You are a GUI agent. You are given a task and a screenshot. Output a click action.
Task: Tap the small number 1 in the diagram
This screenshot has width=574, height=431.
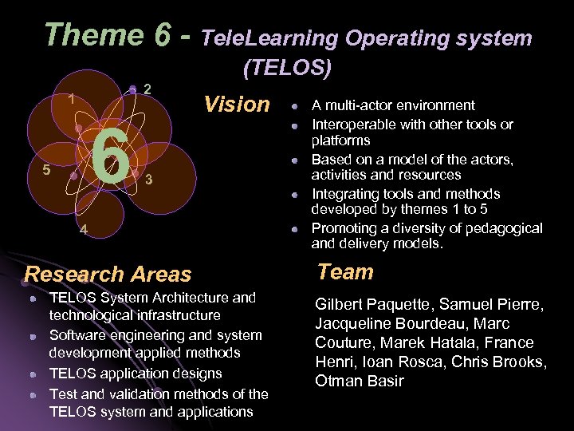pos(71,101)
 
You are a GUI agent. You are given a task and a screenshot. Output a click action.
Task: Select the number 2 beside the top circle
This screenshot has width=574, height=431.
pos(149,89)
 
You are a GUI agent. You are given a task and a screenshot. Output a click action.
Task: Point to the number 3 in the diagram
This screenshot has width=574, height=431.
pos(149,180)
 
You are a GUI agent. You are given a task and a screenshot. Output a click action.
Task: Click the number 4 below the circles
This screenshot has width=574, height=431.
pos(84,231)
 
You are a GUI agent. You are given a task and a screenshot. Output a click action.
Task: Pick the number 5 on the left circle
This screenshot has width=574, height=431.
pos(47,170)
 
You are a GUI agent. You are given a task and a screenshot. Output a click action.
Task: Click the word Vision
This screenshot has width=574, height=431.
pos(237,104)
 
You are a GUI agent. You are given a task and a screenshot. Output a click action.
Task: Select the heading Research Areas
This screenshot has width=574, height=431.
pos(108,274)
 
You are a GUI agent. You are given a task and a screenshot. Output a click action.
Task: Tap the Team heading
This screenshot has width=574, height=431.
pos(345,271)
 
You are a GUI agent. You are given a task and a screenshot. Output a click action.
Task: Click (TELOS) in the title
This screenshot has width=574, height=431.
pos(287,69)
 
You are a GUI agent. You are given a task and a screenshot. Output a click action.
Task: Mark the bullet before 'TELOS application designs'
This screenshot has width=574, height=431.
pos(33,374)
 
